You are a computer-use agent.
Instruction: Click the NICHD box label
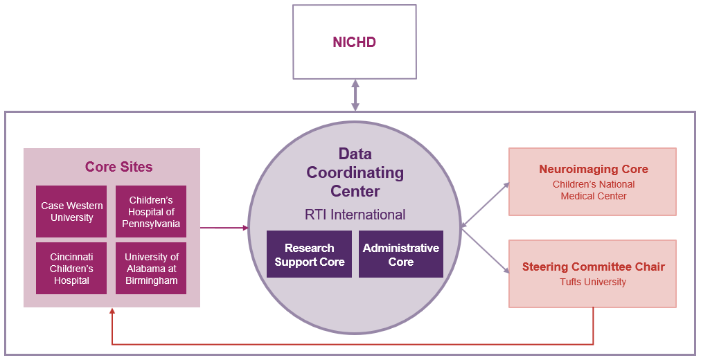click(354, 42)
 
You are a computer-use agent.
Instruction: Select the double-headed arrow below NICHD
click(355, 95)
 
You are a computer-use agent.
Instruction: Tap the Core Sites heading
click(118, 167)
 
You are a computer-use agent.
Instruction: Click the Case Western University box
click(71, 211)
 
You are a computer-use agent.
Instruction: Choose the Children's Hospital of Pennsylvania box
click(151, 211)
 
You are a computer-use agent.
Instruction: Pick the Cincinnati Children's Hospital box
click(71, 268)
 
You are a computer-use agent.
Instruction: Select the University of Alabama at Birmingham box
click(151, 268)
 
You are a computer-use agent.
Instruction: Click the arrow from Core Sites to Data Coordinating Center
click(224, 227)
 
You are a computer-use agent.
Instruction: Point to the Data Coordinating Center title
click(355, 172)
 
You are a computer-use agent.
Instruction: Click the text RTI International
click(355, 215)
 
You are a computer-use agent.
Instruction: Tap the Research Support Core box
click(309, 254)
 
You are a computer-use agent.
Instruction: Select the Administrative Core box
click(400, 254)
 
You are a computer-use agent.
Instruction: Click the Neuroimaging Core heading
click(593, 169)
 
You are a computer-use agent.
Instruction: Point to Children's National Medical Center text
click(593, 190)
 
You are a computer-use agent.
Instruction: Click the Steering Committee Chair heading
click(593, 267)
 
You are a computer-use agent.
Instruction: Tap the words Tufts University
click(593, 282)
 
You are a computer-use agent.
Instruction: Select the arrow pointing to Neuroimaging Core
click(485, 205)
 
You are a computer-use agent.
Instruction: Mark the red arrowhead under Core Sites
click(112, 312)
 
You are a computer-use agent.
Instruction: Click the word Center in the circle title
click(355, 190)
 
